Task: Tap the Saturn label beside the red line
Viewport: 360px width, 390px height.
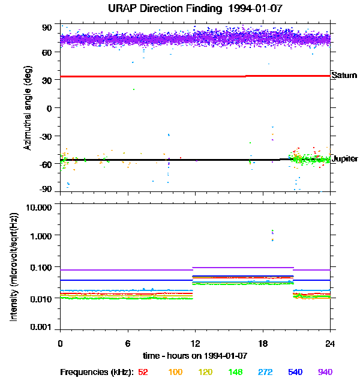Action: pyautogui.click(x=344, y=76)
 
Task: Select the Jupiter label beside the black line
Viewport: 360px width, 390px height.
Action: pyautogui.click(x=344, y=159)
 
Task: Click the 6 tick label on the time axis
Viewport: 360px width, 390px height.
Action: pyautogui.click(x=127, y=343)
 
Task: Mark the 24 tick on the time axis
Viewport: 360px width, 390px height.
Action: pyautogui.click(x=330, y=343)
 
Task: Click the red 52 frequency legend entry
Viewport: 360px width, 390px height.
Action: pyautogui.click(x=143, y=373)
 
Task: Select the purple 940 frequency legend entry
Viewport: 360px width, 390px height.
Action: pyautogui.click(x=325, y=373)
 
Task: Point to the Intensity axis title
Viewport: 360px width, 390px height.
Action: pyautogui.click(x=13, y=267)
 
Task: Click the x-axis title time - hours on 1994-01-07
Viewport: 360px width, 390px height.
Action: pyautogui.click(x=196, y=355)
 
